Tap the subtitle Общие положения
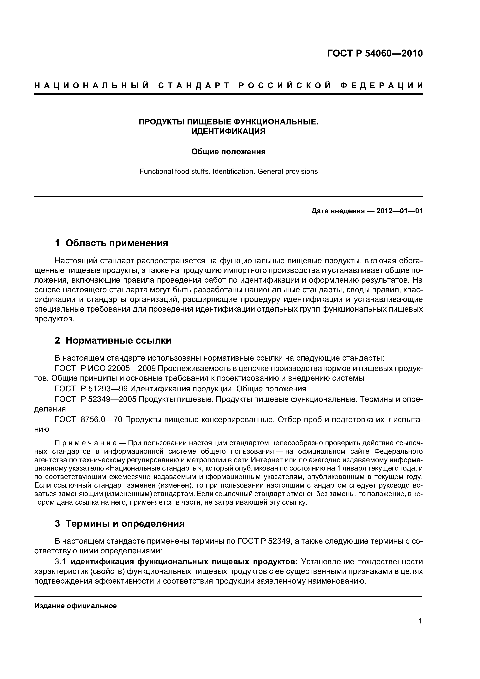coord(228,152)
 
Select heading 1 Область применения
coord(111,243)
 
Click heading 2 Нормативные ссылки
coord(113,340)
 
